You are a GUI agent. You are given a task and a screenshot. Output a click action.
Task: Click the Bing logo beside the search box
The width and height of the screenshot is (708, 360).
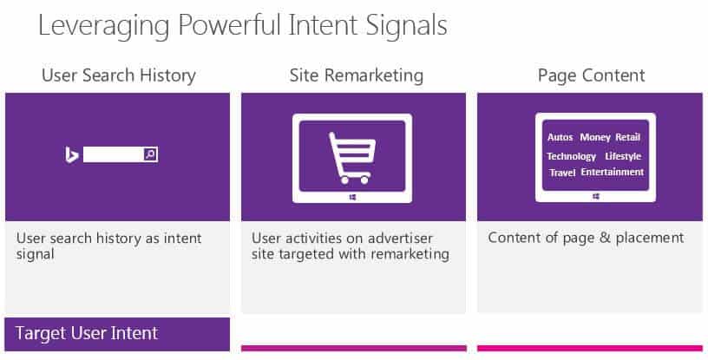tap(71, 154)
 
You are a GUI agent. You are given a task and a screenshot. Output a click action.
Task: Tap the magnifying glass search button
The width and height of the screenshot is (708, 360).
tap(150, 154)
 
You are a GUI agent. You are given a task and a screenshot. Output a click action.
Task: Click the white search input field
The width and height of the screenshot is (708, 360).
tap(114, 154)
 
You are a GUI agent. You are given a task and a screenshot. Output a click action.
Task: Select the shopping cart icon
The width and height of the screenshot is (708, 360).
tap(351, 158)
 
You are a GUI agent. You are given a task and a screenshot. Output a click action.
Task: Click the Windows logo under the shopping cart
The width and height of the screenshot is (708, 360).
tap(352, 198)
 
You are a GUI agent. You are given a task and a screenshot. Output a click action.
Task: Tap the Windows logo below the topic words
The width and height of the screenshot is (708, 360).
tap(595, 197)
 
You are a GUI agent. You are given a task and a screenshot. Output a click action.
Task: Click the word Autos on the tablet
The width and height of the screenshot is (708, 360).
tap(560, 137)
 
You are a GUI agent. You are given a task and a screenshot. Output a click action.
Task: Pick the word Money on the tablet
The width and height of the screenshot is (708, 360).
tap(595, 137)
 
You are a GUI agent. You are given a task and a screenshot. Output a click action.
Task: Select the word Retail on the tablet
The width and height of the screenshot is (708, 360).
tap(627, 137)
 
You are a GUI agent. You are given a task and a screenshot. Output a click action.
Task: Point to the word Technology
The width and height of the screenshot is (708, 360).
tap(571, 156)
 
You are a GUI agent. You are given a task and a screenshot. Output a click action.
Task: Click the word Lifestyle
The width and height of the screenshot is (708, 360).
tap(623, 156)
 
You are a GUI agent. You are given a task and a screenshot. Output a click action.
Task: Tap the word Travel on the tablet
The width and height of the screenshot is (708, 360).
tap(562, 173)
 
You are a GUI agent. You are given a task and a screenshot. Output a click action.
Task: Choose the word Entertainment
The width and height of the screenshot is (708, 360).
tap(613, 172)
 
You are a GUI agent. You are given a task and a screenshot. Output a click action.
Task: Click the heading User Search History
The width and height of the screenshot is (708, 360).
tap(119, 75)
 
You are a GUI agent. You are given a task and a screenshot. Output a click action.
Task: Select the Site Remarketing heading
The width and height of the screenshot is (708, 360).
tap(357, 75)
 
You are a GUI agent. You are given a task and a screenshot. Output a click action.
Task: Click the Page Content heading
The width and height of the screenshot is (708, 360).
tap(592, 75)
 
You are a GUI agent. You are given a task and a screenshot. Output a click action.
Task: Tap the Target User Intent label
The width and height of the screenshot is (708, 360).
tap(87, 333)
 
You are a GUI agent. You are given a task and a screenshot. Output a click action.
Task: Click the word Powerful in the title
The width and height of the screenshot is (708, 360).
tap(230, 25)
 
